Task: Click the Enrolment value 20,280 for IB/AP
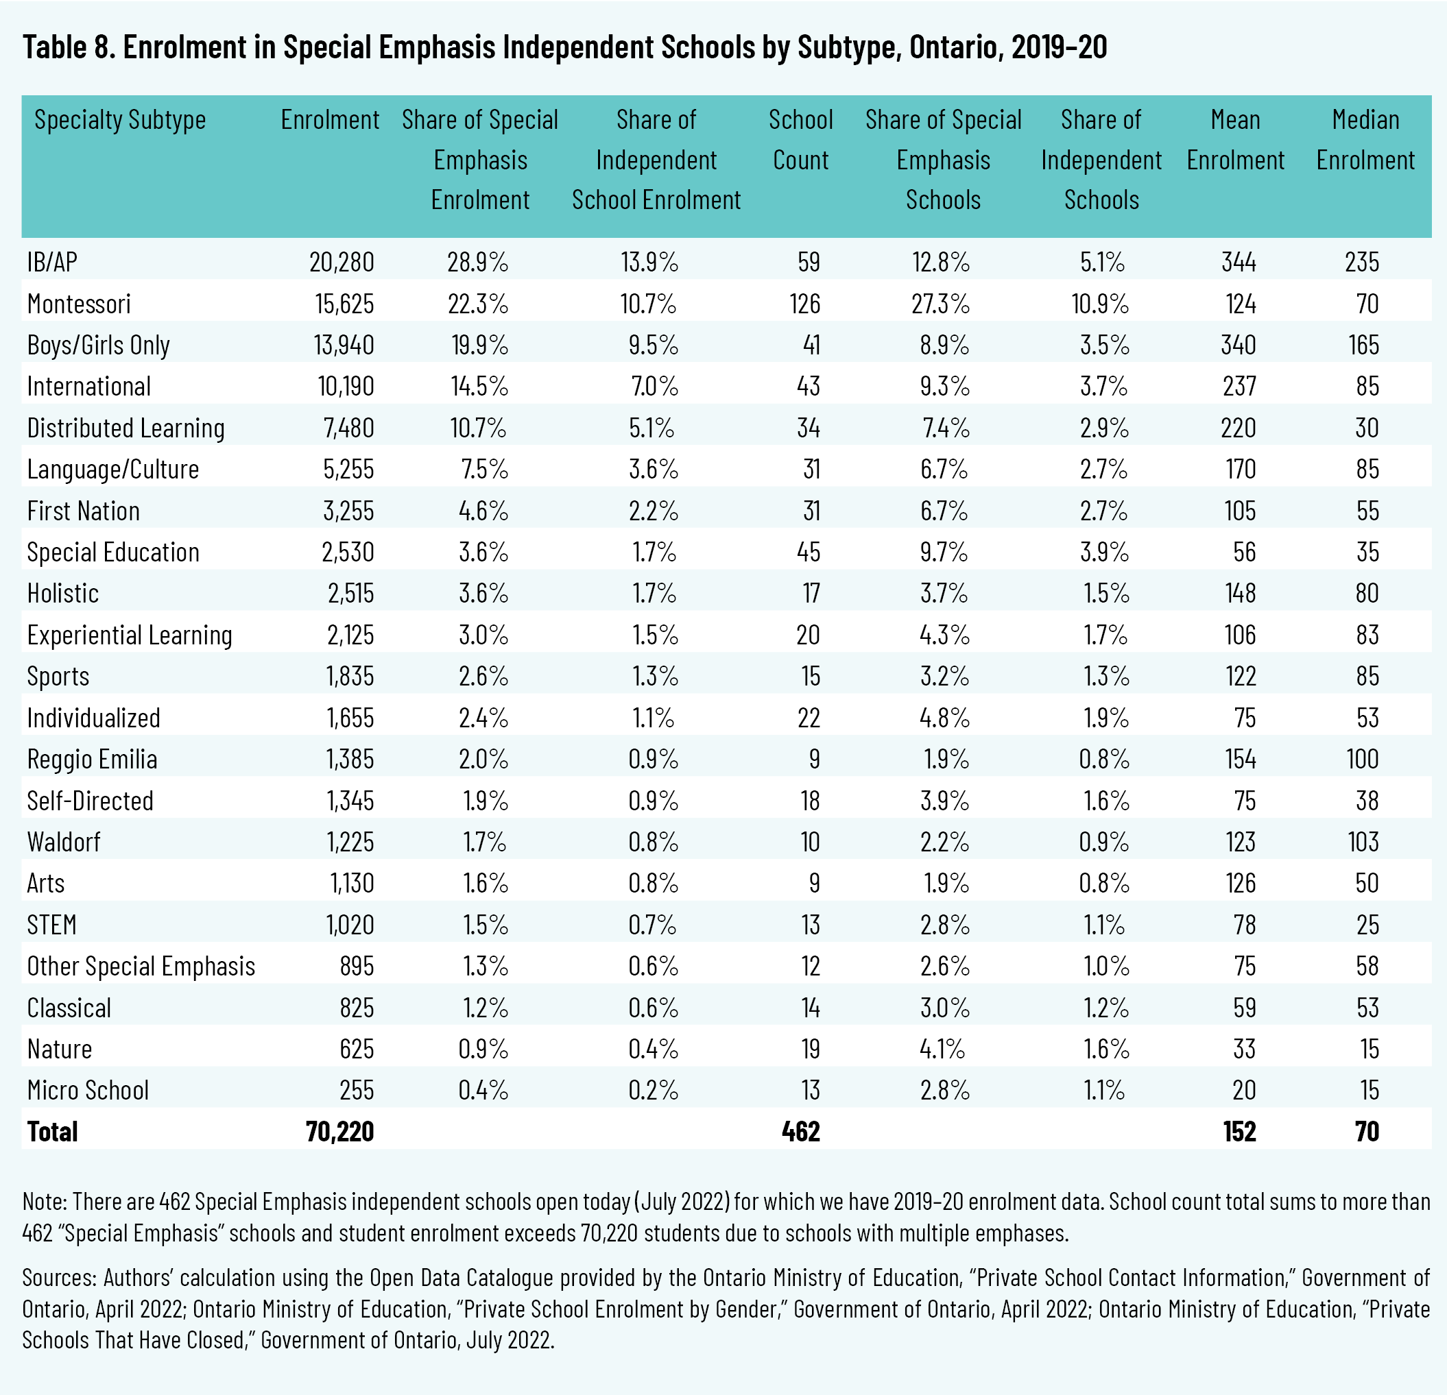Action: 341,262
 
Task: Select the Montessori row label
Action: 79,304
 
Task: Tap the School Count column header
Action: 800,140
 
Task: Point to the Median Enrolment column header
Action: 1365,140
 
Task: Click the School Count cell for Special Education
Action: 808,552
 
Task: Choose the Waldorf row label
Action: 64,842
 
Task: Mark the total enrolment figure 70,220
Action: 339,1132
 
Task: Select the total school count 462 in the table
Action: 800,1132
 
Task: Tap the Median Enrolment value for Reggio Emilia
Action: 1361,760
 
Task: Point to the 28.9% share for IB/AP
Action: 478,262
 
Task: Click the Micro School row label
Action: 88,1091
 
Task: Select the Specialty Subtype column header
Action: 120,119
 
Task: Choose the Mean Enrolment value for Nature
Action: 1244,1050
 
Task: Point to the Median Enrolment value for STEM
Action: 1367,925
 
